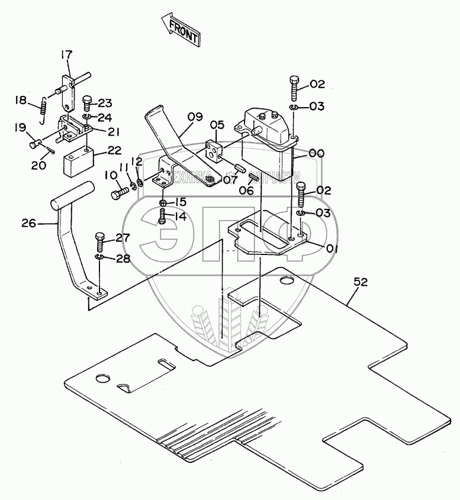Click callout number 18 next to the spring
click(x=21, y=101)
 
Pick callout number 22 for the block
click(x=114, y=151)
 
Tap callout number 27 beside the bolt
click(x=122, y=238)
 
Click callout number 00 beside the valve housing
click(x=317, y=153)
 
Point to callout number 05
click(x=218, y=125)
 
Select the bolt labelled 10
click(x=119, y=192)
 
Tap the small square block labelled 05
click(x=213, y=151)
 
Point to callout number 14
click(x=179, y=217)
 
